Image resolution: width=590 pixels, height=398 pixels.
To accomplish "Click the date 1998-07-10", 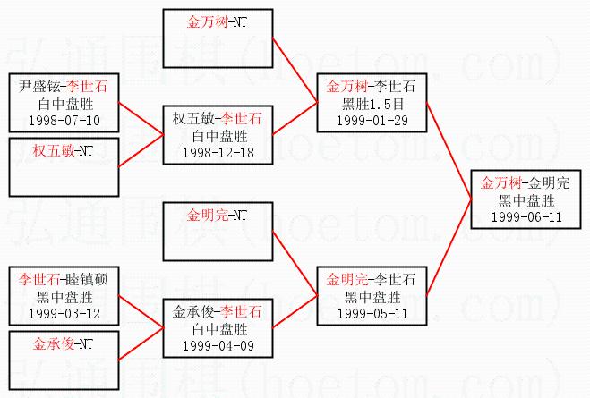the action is pyautogui.click(x=64, y=119).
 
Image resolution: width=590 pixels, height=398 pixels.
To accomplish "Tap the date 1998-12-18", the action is pyautogui.click(x=218, y=152).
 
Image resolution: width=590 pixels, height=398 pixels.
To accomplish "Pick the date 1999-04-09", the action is pyautogui.click(x=218, y=344).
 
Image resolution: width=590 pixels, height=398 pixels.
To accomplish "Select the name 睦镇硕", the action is pyautogui.click(x=90, y=280).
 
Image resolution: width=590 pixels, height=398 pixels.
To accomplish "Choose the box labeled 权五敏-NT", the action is pyautogui.click(x=64, y=166).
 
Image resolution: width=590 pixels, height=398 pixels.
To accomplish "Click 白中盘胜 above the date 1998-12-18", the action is pyautogui.click(x=218, y=135).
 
